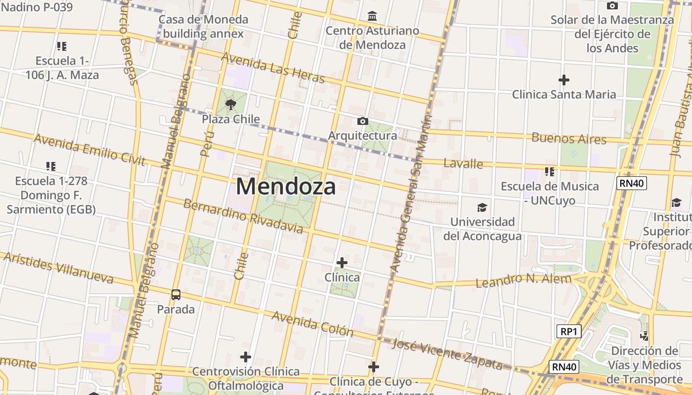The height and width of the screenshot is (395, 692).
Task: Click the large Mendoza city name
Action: click(286, 187)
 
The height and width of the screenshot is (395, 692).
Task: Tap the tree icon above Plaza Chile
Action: click(230, 104)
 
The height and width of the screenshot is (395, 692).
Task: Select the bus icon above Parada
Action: click(176, 295)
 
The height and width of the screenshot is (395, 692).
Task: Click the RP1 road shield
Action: click(568, 331)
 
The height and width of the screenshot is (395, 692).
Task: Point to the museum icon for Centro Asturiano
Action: click(372, 16)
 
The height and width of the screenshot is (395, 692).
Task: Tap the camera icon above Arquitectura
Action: click(362, 121)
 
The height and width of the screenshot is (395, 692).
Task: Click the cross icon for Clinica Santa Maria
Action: click(563, 79)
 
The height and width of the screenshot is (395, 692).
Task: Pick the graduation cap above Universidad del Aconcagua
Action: click(482, 207)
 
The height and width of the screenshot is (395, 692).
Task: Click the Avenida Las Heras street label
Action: click(273, 68)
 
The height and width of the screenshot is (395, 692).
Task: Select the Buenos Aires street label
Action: click(568, 138)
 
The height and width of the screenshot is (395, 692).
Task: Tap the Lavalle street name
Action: click(463, 163)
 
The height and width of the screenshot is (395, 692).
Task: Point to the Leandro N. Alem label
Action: click(523, 280)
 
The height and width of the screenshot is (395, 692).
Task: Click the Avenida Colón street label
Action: click(312, 324)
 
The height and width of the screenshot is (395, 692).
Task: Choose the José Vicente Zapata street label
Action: click(447, 354)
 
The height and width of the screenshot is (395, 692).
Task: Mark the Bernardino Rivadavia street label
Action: click(243, 216)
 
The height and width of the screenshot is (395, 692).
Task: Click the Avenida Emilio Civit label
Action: click(89, 149)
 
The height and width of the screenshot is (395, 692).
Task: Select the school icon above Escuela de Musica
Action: click(549, 172)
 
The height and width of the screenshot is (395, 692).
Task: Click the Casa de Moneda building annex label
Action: click(203, 27)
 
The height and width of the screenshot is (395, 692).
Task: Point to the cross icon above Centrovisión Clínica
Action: click(246, 356)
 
